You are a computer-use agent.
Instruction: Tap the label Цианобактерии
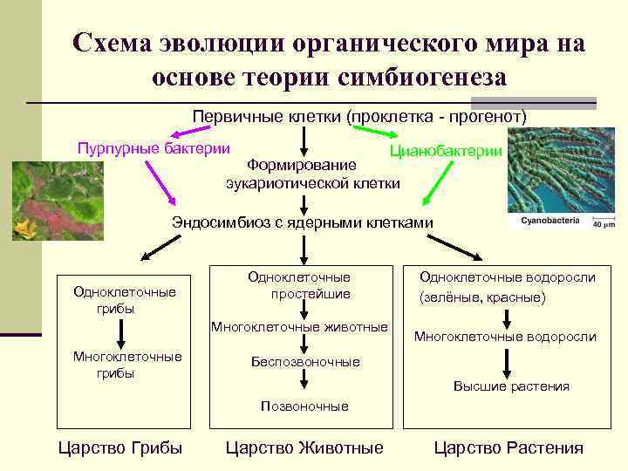[x=446, y=151]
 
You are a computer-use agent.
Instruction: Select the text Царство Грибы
[x=119, y=448]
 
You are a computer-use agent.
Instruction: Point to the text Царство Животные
[x=304, y=448]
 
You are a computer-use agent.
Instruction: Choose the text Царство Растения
[x=509, y=448]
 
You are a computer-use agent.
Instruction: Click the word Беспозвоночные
[x=305, y=361]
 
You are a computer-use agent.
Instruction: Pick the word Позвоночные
[x=305, y=406]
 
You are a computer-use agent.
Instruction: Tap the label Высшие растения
[x=511, y=386]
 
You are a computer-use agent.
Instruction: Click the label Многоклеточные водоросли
[x=505, y=337]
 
